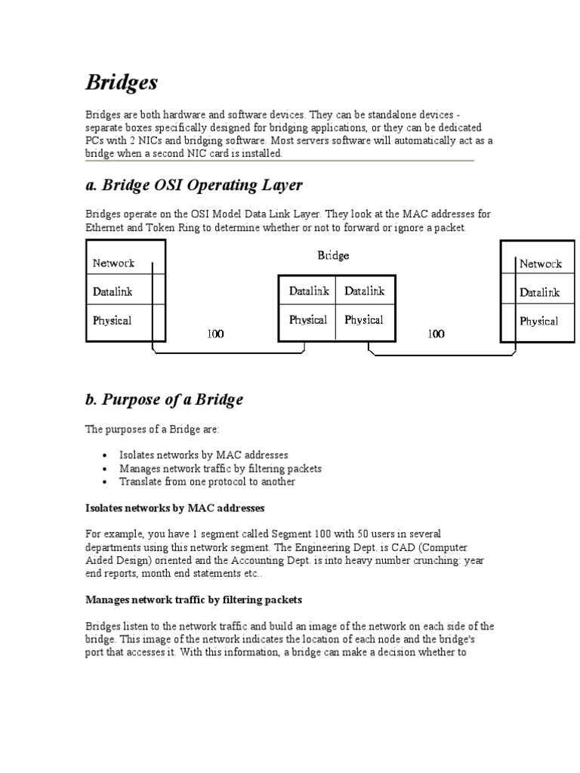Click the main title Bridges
[122, 82]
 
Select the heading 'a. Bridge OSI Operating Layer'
[193, 185]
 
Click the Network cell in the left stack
[113, 263]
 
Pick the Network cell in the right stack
[540, 263]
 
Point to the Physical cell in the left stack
[112, 320]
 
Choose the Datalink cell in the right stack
[539, 292]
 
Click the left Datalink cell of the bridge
[308, 291]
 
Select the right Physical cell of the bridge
[364, 320]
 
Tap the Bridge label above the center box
[333, 256]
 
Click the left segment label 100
[215, 334]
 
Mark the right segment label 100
[436, 334]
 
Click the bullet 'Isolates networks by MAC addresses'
[204, 455]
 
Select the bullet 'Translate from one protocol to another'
[207, 482]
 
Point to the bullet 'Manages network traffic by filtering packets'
[220, 468]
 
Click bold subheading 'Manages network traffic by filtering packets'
[193, 600]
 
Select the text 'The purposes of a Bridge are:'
[152, 429]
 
